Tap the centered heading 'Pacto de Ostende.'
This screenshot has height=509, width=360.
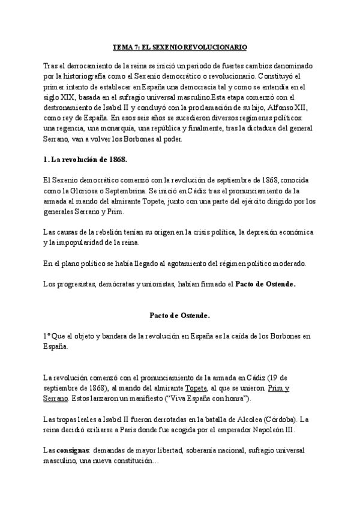pyautogui.click(x=179, y=314)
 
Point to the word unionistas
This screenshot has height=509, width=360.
pyautogui.click(x=151, y=284)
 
